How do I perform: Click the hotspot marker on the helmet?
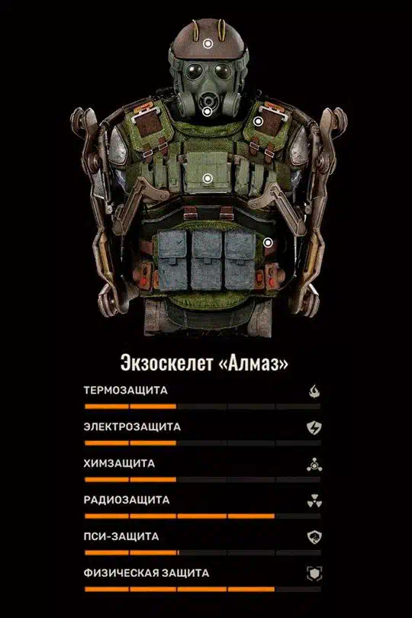208,43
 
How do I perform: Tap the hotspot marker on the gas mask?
207,111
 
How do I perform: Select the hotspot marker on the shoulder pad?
258,121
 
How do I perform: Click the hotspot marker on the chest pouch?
208,179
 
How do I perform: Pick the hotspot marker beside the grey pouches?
268,243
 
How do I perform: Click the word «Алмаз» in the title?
253,363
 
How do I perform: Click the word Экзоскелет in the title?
166,363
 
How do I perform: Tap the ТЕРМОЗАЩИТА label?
125,390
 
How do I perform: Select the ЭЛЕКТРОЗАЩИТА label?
132,426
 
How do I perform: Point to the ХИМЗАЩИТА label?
119,464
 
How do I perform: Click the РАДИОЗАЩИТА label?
127,500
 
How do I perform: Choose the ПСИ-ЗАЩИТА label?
121,536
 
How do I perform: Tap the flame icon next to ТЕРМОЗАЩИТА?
314,391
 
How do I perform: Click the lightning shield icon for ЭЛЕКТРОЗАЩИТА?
314,427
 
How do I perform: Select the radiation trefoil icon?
314,501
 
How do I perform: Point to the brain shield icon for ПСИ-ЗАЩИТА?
314,537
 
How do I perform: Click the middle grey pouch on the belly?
207,260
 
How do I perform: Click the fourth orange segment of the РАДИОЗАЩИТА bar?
251,516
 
